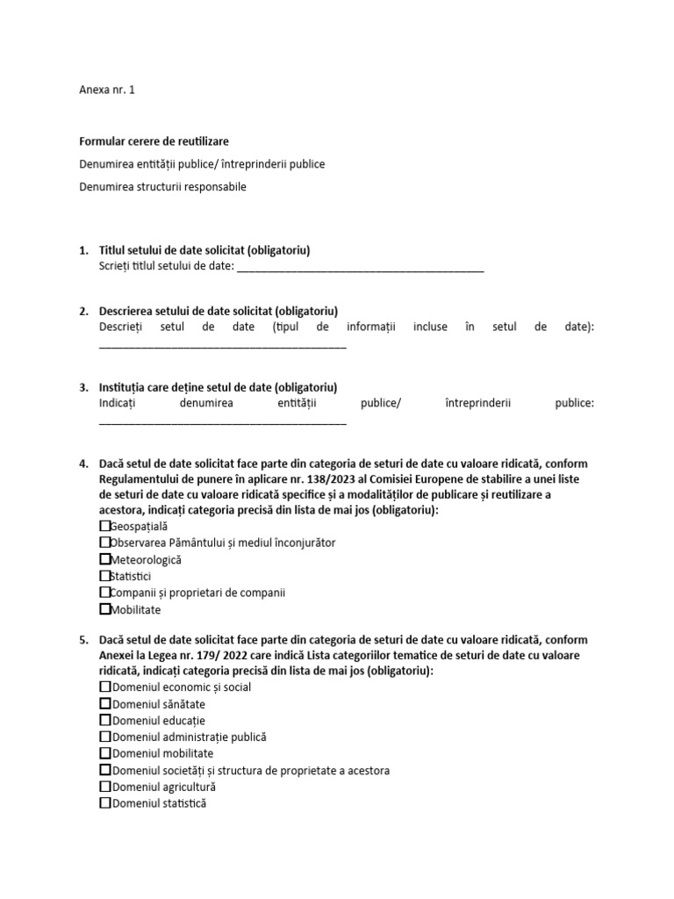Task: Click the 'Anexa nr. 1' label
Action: point(107,90)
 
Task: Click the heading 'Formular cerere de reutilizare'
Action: point(154,141)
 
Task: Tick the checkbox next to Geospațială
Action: point(105,526)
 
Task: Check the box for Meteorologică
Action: point(105,559)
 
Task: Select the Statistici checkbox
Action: point(105,576)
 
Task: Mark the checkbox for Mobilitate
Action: point(105,609)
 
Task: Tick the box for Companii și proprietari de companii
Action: point(105,593)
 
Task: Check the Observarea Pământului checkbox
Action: point(105,543)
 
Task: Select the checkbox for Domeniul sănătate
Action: point(105,704)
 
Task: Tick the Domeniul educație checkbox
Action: point(105,721)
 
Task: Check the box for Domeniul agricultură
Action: point(105,787)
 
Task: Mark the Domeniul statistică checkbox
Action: point(105,803)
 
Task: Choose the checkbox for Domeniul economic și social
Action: point(105,687)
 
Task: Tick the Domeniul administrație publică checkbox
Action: point(105,737)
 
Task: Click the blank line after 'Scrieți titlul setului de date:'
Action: point(360,269)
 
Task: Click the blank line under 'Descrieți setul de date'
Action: point(223,345)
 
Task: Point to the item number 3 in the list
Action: point(83,387)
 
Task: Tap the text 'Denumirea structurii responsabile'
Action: point(162,187)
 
